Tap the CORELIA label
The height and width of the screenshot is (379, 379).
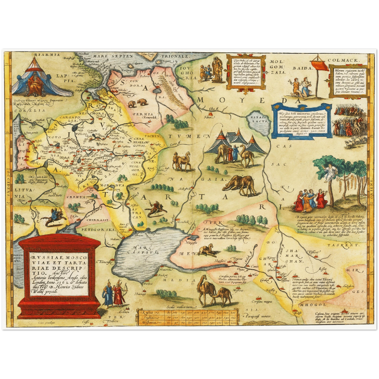pyautogui.click(x=26, y=110)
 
